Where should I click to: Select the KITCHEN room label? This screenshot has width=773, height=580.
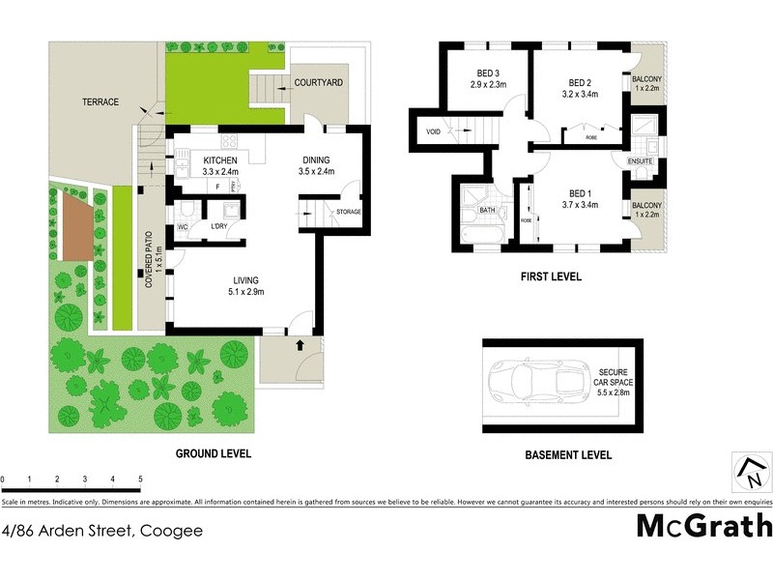tap(220, 159)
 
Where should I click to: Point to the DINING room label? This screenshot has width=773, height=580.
tap(318, 159)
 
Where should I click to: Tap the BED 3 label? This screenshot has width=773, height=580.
tap(488, 72)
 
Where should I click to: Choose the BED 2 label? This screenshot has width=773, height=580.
tap(580, 82)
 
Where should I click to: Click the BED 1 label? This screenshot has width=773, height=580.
tap(580, 193)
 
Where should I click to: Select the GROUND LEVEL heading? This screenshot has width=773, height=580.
tap(213, 453)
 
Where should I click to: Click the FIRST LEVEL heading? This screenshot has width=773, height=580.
tap(551, 276)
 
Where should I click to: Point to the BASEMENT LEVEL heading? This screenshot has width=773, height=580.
tap(568, 455)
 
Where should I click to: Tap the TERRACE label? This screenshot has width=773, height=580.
tap(100, 101)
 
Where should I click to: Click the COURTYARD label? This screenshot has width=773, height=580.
tap(319, 83)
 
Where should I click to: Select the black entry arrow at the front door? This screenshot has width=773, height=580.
tap(299, 343)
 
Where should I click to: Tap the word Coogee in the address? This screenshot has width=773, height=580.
tap(171, 530)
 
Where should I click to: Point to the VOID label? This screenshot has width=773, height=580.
tap(431, 132)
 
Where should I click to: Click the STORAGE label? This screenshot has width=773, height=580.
tap(348, 211)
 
